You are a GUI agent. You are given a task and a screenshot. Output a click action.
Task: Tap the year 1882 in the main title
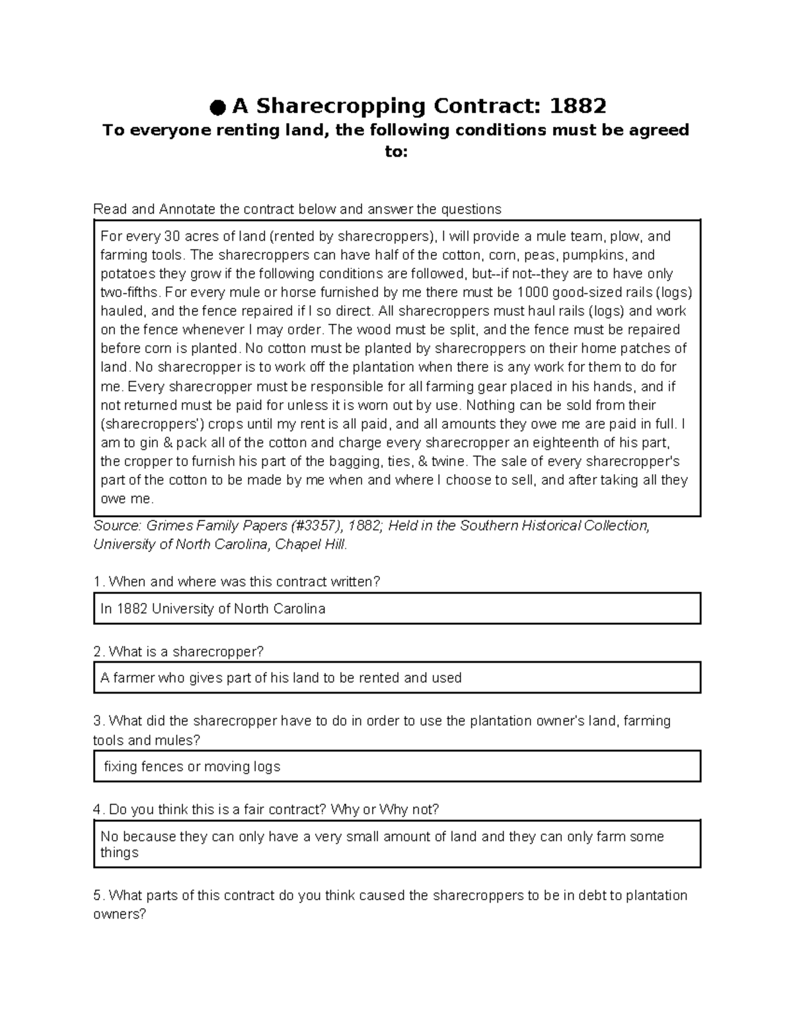[578, 106]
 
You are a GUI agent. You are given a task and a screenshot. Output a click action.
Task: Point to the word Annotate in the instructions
[187, 210]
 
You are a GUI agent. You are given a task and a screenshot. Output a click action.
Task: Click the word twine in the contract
[447, 461]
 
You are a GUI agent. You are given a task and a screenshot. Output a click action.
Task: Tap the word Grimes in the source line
[167, 526]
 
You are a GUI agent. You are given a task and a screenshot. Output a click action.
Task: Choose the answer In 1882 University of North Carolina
[213, 609]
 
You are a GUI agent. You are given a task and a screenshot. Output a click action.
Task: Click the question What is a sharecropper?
[186, 652]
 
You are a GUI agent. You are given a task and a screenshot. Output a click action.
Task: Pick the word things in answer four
[120, 852]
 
